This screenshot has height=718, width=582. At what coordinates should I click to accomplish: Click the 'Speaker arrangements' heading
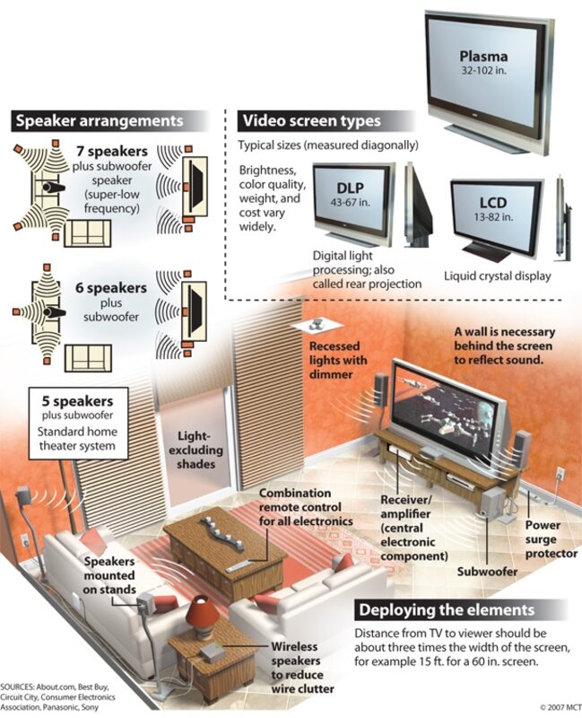click(98, 120)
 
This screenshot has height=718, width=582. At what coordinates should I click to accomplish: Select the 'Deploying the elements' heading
click(446, 610)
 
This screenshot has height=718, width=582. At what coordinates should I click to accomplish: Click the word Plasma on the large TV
click(483, 57)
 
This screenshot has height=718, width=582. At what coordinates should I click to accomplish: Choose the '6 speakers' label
click(111, 288)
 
